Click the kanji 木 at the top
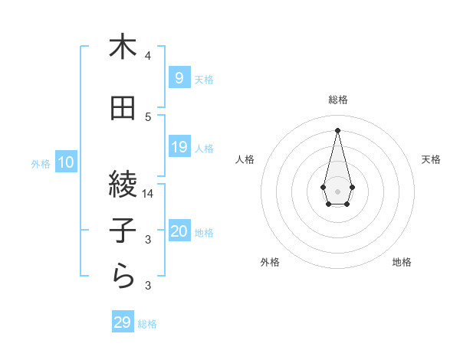(x=123, y=47)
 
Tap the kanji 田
(x=123, y=109)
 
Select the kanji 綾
(x=123, y=183)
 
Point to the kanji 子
(x=123, y=230)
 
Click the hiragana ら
(x=123, y=277)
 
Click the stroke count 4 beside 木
(x=148, y=56)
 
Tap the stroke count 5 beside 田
(x=148, y=117)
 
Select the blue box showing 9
(x=179, y=78)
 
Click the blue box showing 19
(x=179, y=147)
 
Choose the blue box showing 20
(x=179, y=231)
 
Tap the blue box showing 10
(x=66, y=162)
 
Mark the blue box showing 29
(x=123, y=322)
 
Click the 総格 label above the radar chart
(x=337, y=100)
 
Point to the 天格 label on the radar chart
(x=432, y=159)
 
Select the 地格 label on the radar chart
(x=402, y=262)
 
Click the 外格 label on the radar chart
(x=270, y=262)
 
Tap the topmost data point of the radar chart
(x=337, y=129)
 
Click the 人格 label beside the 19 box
(x=204, y=148)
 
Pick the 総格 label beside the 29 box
(x=147, y=323)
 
